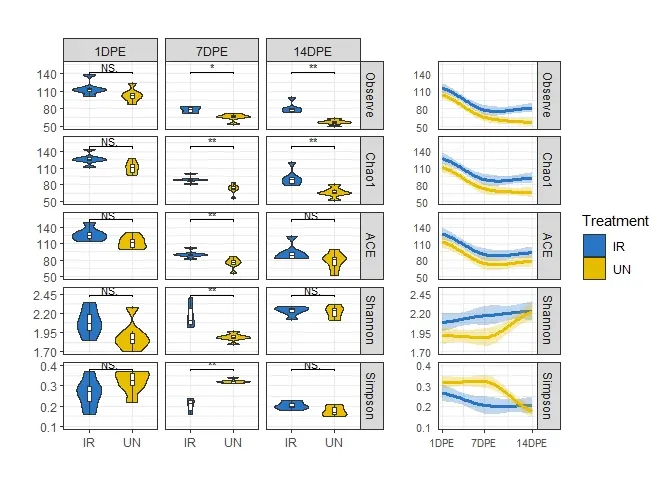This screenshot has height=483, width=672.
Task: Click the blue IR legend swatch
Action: click(594, 246)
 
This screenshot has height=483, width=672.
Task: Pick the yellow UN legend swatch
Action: click(594, 269)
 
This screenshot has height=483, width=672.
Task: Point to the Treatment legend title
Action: click(615, 221)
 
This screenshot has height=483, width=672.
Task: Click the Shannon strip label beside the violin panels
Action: click(371, 321)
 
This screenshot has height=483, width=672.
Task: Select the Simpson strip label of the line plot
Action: click(548, 396)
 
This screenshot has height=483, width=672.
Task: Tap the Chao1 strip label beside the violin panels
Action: click(371, 170)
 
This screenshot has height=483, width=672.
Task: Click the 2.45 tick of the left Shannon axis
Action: click(45, 295)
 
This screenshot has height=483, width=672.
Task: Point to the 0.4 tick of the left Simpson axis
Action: click(48, 366)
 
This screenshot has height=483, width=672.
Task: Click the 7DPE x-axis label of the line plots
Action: click(483, 443)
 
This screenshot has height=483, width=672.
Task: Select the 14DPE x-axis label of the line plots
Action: click(531, 443)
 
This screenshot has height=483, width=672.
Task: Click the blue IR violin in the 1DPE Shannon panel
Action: click(89, 321)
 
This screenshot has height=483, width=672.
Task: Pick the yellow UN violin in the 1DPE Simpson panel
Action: click(133, 387)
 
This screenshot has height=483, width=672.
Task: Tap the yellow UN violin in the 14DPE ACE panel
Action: click(334, 261)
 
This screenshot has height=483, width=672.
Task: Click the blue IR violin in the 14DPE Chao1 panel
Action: click(292, 175)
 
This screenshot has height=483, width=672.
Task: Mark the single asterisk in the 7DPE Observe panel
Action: click(212, 67)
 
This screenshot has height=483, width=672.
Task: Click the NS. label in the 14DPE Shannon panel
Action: click(312, 291)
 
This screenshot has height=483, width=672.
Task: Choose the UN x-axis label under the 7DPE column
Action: click(233, 442)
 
